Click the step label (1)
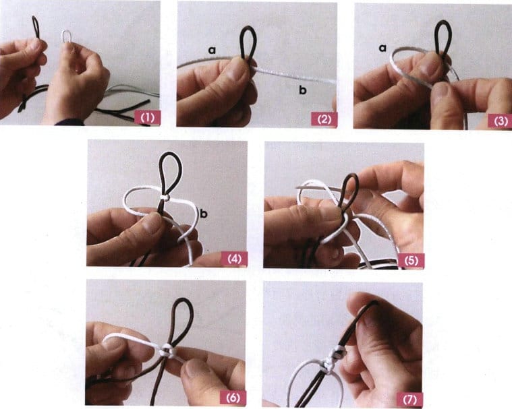[x=147, y=117]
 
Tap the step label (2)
[x=324, y=119]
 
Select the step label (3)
[x=501, y=121]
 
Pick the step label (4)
[x=234, y=259]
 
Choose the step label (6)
[x=233, y=398]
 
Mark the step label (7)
[x=410, y=400]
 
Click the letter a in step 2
[x=212, y=50]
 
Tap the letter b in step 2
[x=303, y=90]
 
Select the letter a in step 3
[x=382, y=48]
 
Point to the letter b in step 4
[x=204, y=214]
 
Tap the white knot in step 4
[x=165, y=197]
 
